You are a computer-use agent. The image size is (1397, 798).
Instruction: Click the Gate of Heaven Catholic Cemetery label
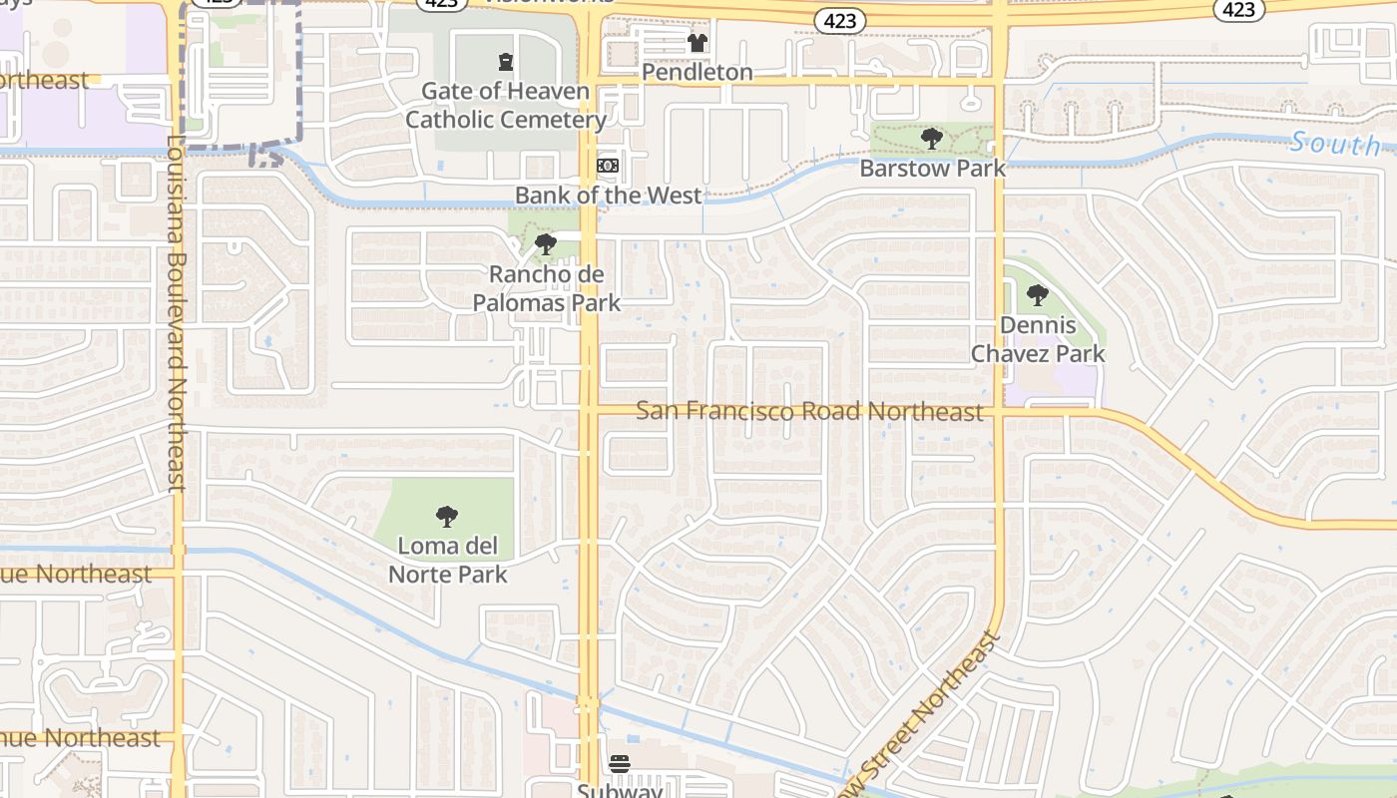click(506, 106)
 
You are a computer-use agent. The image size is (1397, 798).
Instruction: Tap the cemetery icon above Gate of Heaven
click(506, 63)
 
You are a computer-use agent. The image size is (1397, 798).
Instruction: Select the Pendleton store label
click(697, 73)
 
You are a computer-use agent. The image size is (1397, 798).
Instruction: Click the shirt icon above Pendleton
click(697, 43)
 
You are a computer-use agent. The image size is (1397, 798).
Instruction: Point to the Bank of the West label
click(609, 196)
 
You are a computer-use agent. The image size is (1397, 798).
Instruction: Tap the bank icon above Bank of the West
click(607, 166)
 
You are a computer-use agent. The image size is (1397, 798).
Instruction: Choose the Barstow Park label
click(932, 169)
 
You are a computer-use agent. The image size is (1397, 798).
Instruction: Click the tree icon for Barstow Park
click(932, 139)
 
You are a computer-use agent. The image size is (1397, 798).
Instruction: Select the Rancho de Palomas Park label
click(546, 288)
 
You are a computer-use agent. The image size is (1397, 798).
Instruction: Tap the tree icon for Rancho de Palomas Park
click(545, 243)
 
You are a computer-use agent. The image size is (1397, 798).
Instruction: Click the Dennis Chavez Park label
click(1038, 339)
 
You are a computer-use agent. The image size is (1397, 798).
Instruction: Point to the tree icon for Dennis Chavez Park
click(1038, 295)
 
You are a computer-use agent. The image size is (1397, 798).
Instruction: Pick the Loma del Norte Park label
click(447, 560)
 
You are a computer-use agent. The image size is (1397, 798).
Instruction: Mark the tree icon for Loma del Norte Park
click(447, 517)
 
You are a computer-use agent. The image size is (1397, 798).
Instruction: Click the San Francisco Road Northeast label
click(809, 411)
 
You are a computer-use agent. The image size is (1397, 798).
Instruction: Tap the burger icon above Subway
click(620, 765)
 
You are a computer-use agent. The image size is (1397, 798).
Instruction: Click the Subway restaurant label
click(620, 790)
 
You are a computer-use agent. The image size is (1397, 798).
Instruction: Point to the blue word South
click(1335, 144)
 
